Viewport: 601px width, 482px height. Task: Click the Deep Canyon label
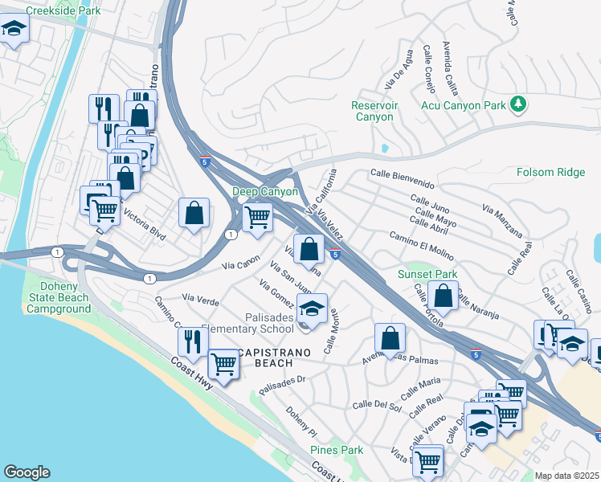(264, 191)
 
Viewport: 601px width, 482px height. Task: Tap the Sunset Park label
(427, 274)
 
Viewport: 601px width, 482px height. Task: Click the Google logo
(27, 472)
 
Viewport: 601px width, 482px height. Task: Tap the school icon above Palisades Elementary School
(313, 307)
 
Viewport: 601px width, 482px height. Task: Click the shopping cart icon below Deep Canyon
(257, 217)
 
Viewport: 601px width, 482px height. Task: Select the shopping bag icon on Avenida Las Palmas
(390, 337)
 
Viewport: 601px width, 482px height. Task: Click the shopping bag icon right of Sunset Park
(443, 295)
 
